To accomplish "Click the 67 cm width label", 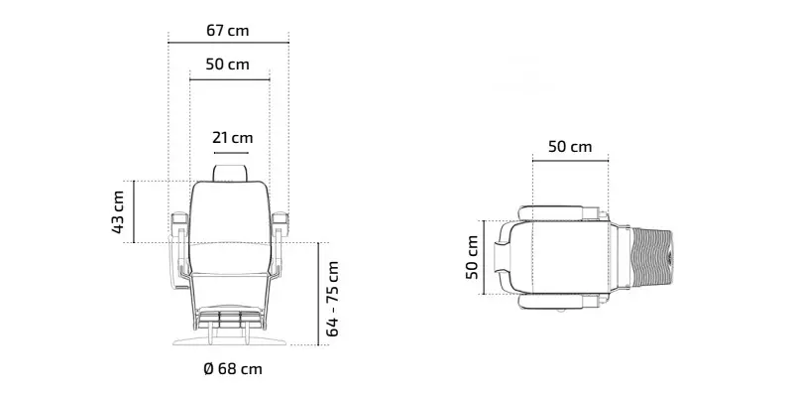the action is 228,31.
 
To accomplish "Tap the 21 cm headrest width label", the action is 232,137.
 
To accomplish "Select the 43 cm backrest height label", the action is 118,211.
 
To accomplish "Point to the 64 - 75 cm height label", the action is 332,299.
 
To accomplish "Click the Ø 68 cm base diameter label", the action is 233,368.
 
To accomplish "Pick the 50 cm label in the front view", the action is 228,65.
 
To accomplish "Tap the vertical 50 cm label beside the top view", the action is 472,257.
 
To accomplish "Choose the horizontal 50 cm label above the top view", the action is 570,147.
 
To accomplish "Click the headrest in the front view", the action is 231,173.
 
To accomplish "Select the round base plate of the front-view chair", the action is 230,340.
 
